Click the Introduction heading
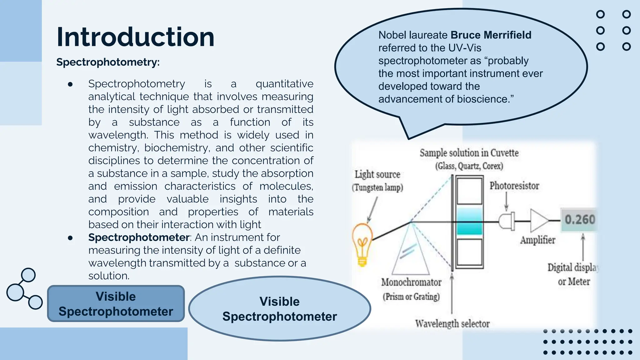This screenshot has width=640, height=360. click(x=135, y=37)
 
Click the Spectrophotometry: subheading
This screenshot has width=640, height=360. click(x=108, y=62)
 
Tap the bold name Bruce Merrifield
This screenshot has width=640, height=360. click(x=491, y=35)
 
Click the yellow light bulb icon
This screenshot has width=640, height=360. click(x=362, y=244)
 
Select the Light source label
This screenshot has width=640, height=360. click(x=377, y=174)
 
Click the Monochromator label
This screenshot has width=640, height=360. click(x=411, y=282)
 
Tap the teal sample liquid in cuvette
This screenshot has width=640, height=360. click(x=469, y=221)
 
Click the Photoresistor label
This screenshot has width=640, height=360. click(x=514, y=186)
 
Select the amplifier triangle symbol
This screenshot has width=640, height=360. click(x=538, y=221)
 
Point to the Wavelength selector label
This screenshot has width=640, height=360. click(x=452, y=324)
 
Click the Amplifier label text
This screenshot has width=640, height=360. click(x=537, y=240)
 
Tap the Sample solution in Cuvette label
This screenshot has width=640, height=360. click(x=469, y=153)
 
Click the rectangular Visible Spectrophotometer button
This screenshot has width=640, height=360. click(x=116, y=304)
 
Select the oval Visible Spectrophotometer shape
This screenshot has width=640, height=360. click(x=279, y=309)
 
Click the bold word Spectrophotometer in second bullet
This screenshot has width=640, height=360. click(x=139, y=237)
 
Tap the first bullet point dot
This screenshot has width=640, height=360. click(x=70, y=84)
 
